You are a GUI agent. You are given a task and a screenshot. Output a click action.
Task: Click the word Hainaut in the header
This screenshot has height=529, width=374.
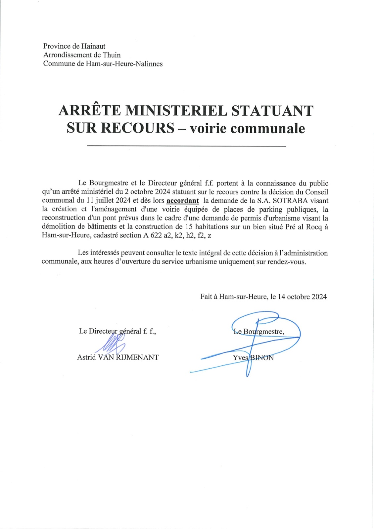93,46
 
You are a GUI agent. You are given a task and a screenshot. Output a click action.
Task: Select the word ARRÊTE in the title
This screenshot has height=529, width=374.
90,111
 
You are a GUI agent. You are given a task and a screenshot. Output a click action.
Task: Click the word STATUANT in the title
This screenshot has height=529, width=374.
272,111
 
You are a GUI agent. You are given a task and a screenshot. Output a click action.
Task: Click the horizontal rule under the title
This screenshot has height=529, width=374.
186,146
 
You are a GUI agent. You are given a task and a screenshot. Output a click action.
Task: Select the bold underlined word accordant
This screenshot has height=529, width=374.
183,201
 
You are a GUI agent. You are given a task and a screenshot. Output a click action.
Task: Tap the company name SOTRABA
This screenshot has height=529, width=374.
290,201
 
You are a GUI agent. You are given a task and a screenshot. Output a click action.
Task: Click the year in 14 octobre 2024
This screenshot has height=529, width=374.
319,297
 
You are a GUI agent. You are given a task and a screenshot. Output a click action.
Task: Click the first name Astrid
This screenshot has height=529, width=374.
86,357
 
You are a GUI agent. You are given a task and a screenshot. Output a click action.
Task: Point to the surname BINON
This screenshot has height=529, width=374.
261,358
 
